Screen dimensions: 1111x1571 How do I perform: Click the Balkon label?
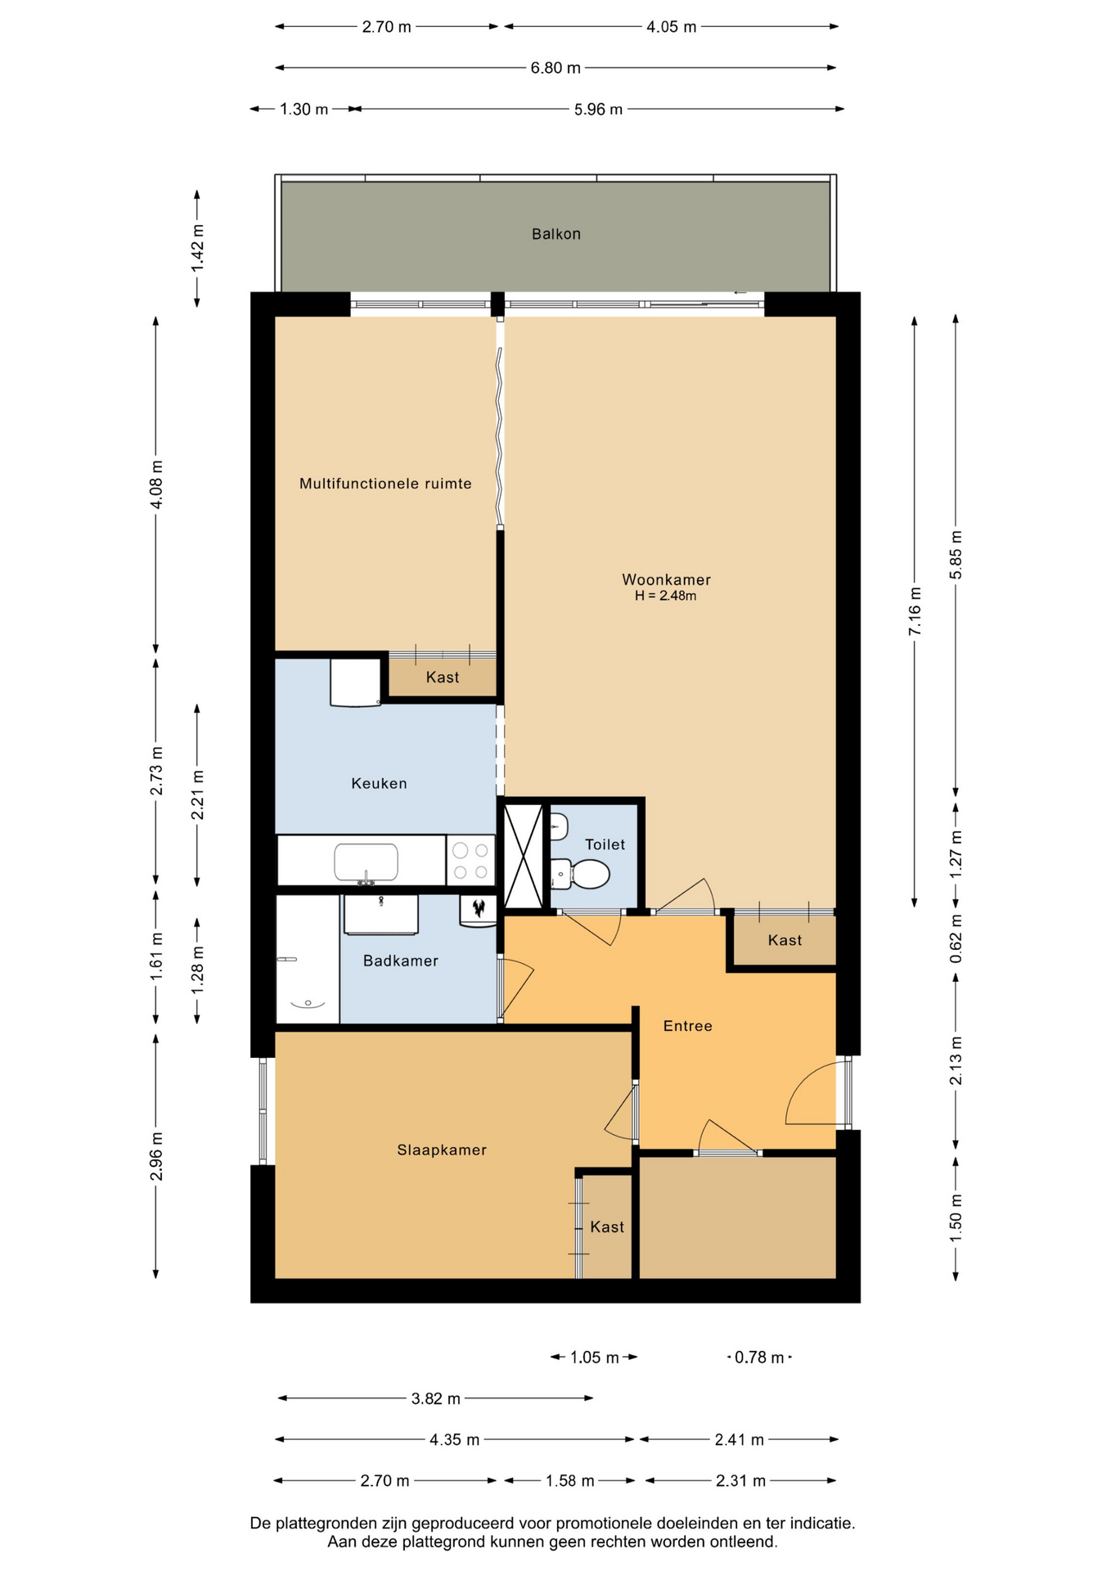coord(555,234)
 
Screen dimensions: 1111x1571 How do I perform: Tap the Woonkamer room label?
coord(666,579)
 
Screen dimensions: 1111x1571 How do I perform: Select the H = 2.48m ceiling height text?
coord(665,596)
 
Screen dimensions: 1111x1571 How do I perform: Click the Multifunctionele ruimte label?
coord(385,484)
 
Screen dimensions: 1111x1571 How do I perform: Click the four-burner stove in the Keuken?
coord(470,860)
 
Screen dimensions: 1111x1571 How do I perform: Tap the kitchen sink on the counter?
coord(366,862)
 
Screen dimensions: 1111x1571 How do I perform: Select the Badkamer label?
coord(401,961)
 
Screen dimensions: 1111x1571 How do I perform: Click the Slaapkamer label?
coord(442,1150)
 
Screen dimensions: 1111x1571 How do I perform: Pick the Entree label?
coord(687,1026)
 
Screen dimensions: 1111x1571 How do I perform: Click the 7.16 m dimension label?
coord(915,611)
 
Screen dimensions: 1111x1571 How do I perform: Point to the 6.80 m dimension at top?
coord(555,68)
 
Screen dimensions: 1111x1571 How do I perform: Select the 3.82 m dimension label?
coord(435,1398)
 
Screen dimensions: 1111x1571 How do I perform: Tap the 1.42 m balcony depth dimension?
coord(197,249)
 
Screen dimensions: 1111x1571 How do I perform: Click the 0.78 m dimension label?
coord(759,1357)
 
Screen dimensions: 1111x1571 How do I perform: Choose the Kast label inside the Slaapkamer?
coord(607,1227)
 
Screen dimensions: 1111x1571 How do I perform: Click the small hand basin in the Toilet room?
coord(559,826)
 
